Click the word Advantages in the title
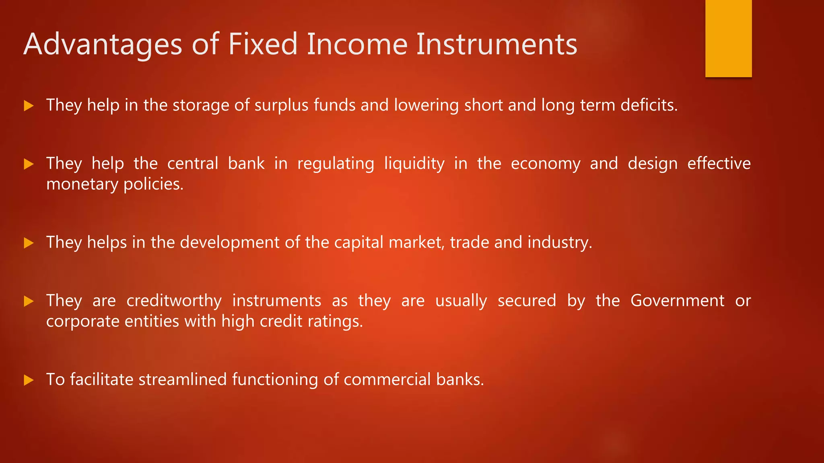tap(103, 44)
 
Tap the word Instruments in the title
tap(496, 44)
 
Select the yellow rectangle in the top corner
tap(728, 39)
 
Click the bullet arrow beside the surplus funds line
tap(29, 106)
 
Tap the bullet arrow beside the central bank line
tap(29, 164)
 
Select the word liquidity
tap(414, 164)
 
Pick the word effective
tap(719, 164)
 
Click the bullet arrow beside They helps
tap(29, 243)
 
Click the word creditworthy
tap(174, 301)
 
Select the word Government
tap(677, 301)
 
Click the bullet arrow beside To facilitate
tap(29, 380)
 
